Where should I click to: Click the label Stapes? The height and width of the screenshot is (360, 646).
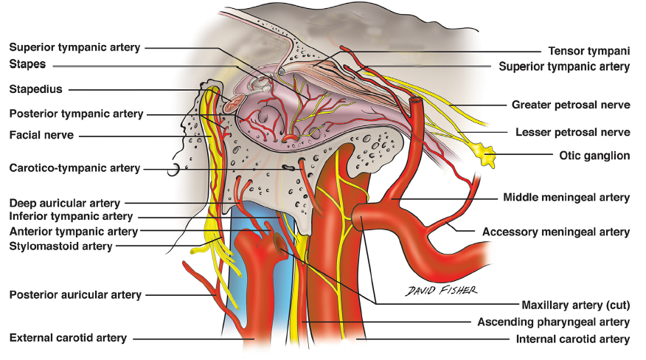coord(28,65)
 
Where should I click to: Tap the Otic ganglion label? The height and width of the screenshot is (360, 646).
coord(594,155)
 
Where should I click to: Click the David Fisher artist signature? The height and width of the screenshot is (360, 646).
coord(442,290)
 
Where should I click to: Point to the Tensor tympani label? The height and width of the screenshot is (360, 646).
coord(588,51)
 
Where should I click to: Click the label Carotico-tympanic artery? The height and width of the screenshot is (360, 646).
coord(74,168)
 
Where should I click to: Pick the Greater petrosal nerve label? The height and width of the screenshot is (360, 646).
coord(571,105)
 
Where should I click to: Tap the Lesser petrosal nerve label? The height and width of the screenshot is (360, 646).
coord(573,132)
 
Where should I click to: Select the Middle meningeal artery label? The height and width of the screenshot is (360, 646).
coord(566,197)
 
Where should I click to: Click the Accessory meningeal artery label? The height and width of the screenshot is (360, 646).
coord(556,232)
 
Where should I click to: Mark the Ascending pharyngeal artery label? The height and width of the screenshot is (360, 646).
coord(553,322)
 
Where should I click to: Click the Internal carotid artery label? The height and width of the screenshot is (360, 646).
coord(573,339)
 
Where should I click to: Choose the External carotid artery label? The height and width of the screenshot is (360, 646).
coord(68,338)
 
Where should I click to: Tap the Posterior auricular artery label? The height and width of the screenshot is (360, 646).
coord(75,294)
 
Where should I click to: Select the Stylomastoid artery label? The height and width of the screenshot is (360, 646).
coord(61,246)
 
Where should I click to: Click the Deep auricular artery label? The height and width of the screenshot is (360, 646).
coord(65,202)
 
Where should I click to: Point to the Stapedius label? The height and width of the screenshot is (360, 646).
coord(36,89)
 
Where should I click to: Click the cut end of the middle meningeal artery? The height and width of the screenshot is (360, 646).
coord(417,100)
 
